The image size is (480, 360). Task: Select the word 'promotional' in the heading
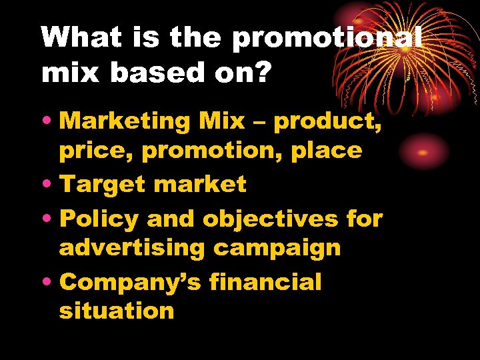point(327,38)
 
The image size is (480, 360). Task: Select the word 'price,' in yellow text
point(96,151)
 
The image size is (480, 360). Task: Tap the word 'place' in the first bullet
point(326,151)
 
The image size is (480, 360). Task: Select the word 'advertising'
point(131,247)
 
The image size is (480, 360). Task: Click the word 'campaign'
point(277,248)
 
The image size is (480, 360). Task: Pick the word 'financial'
point(265,281)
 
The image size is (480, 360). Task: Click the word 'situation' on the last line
point(117,311)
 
